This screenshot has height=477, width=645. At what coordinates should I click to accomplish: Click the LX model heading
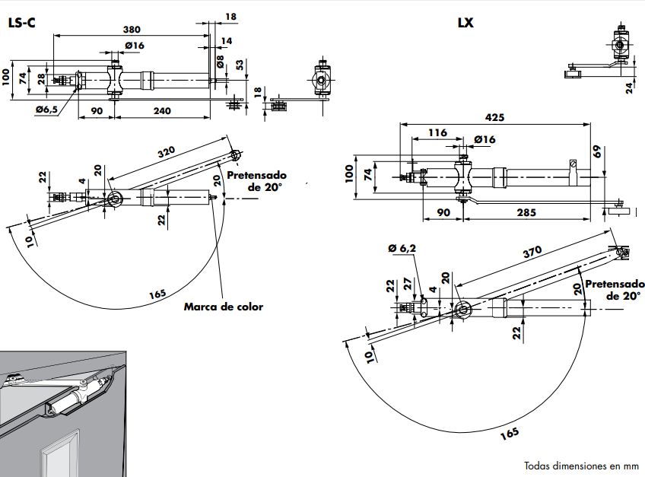(465, 23)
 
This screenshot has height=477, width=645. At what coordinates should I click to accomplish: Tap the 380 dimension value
(132, 30)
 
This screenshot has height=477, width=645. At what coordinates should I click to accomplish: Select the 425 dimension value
(495, 118)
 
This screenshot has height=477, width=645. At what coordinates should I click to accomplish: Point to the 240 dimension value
(161, 111)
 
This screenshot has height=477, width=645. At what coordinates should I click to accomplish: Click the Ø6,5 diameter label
(46, 111)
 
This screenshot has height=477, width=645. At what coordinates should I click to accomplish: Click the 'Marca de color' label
(224, 307)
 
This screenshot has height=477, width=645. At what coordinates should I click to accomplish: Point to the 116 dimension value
(437, 133)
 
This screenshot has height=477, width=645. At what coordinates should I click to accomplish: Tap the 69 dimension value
(598, 152)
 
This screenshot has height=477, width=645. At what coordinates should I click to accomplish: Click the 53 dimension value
(240, 65)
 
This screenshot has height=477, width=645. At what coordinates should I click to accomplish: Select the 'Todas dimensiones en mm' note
(581, 466)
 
